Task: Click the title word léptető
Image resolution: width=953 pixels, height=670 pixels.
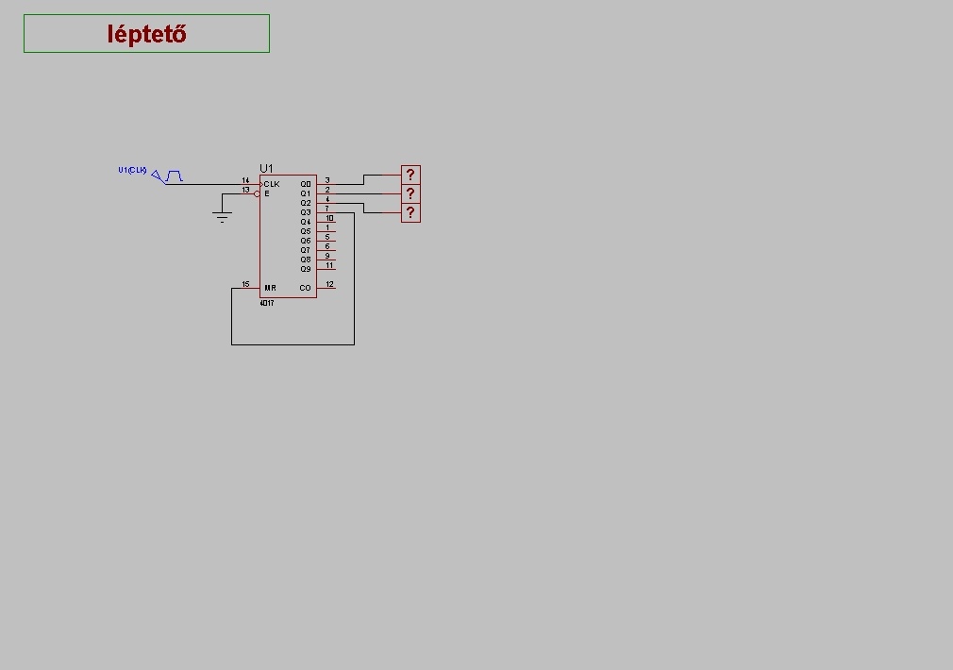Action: coord(146,34)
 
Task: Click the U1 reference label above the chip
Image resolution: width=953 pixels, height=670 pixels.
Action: coord(266,168)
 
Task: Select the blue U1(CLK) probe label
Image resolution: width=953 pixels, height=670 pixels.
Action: coord(132,171)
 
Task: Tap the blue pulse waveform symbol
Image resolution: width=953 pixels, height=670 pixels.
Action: coord(174,176)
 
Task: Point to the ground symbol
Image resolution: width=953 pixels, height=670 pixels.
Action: coord(223,217)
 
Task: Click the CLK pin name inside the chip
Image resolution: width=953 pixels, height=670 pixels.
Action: coord(272,184)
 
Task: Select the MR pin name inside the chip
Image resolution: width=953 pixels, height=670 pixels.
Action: coord(271,288)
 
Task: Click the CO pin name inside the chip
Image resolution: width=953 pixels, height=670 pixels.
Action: coord(306,288)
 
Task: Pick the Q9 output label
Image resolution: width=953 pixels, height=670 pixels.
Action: coord(306,269)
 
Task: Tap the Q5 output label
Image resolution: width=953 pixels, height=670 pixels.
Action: coord(306,231)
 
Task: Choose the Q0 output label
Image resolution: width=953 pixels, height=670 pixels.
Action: coord(306,184)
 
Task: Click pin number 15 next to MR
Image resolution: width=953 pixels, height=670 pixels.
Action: coord(245,284)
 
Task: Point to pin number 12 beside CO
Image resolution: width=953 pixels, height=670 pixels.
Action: coord(329,284)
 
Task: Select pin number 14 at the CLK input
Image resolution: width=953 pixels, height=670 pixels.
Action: coord(245,180)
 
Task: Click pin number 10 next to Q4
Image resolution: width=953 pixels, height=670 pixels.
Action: coord(329,218)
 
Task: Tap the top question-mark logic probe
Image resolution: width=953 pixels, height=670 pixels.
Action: coord(410,175)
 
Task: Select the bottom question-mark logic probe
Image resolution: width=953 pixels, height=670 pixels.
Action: coord(410,212)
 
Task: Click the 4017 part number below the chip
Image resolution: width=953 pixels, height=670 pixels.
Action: coord(267,304)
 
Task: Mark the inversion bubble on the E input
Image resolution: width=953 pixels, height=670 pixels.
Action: coord(257,193)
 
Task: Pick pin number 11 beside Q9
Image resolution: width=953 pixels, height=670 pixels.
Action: coord(329,265)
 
